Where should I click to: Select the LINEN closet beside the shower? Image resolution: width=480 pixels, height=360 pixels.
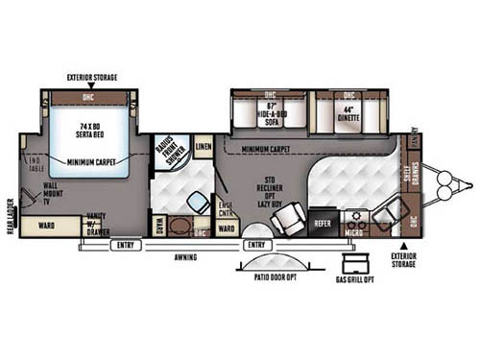click(x=203, y=147)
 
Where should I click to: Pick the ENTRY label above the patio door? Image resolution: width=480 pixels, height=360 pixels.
click(x=255, y=246)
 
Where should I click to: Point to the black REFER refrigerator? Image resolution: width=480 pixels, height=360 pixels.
click(x=324, y=223)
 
